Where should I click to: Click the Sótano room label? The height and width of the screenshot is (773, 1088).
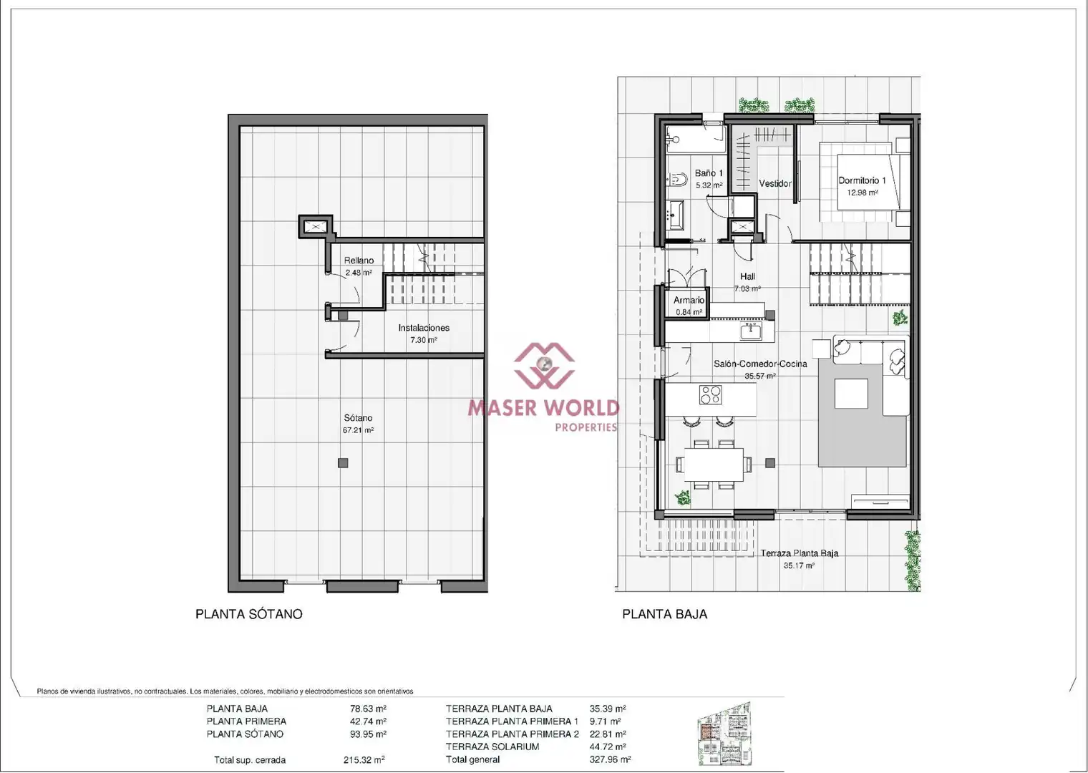point(358,417)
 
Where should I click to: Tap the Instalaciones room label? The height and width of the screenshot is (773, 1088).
point(424,328)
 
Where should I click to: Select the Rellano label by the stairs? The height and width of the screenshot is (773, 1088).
point(359,261)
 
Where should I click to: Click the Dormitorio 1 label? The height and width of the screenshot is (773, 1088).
point(862,180)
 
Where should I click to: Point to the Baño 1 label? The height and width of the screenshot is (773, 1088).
point(709,173)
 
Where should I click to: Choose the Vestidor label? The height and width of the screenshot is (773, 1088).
point(775,183)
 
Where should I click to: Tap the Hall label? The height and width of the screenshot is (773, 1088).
point(747,276)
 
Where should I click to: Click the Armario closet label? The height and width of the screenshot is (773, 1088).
point(689,300)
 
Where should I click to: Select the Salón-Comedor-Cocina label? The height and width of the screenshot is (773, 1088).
point(760,364)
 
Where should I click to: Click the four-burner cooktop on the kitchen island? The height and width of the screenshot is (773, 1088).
point(711,394)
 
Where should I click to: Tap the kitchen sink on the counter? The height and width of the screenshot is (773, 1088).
point(751,332)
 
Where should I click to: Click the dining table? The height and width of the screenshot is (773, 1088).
point(714,465)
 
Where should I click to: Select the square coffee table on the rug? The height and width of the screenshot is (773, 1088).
point(851,393)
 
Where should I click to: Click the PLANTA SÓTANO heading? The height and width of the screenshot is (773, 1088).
point(248,614)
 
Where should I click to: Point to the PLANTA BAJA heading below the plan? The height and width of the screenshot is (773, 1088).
point(664,614)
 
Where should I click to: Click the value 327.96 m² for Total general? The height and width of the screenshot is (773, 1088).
point(610,759)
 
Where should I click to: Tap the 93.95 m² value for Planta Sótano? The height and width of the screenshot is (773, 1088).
point(368,734)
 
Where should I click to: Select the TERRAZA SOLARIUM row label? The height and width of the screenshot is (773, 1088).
point(492,747)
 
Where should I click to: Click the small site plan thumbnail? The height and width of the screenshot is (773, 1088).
point(724,735)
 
